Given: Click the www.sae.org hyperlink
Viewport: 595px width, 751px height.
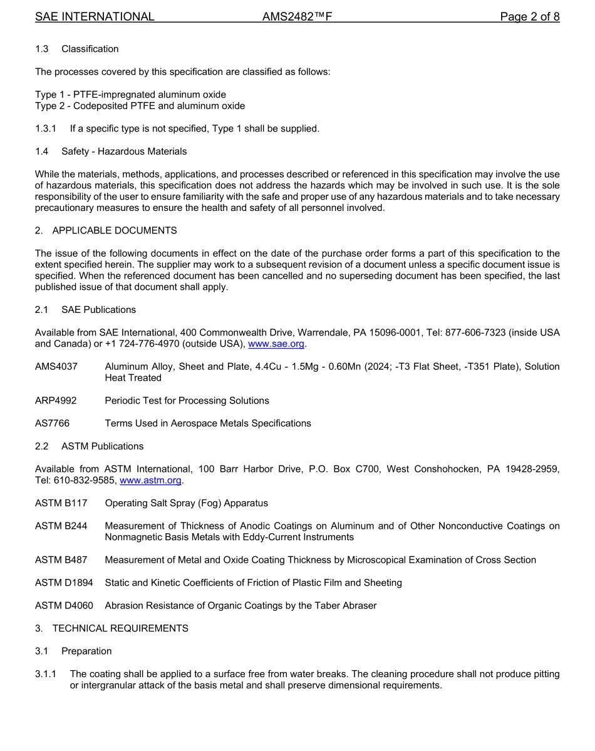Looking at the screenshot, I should (276, 344).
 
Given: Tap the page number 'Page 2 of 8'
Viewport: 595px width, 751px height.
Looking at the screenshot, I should (529, 17).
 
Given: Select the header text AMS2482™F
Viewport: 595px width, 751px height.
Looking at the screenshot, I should (297, 17).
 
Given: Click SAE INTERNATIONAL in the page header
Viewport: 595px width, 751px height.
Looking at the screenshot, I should (95, 17).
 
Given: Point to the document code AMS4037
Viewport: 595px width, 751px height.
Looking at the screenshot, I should (56, 367).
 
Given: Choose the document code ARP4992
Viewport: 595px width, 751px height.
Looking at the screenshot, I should (56, 401).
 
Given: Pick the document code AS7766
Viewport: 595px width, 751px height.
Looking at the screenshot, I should (52, 424).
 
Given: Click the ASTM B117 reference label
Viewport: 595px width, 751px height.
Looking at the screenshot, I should (61, 503).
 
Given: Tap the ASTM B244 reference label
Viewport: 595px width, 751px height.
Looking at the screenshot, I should (61, 526).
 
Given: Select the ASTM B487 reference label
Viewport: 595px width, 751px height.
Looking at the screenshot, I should (61, 560).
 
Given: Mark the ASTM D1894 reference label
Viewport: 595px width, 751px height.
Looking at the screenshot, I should (64, 583).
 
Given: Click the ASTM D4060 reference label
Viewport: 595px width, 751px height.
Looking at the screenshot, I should (64, 606).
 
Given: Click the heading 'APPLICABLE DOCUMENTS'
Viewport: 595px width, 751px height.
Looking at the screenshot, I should (115, 231).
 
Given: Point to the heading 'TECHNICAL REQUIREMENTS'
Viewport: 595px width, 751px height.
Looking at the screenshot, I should (120, 628).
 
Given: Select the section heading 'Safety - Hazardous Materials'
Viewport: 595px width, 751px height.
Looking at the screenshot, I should (124, 151).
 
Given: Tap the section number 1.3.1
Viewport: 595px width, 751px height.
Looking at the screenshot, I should (46, 129).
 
